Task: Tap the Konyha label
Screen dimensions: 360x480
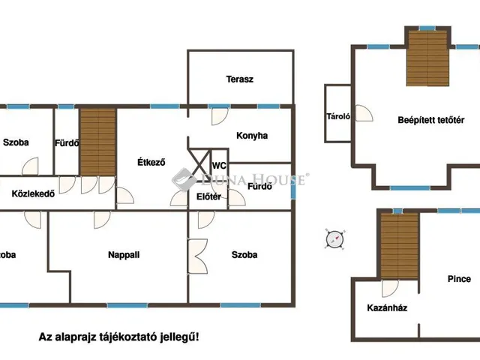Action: (252, 136)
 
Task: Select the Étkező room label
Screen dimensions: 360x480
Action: (151, 162)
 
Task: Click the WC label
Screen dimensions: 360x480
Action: (218, 166)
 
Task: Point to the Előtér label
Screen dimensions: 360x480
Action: (208, 196)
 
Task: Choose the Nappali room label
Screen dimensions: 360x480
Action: (124, 254)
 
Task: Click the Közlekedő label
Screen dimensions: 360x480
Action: (34, 193)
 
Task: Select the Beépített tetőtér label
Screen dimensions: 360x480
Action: (431, 120)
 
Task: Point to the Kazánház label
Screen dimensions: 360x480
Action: (387, 307)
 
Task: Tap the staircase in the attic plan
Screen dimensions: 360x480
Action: (427, 58)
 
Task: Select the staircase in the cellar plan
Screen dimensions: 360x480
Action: (397, 244)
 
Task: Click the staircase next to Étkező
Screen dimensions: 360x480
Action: (98, 142)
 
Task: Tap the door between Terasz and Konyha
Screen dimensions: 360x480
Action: (218, 115)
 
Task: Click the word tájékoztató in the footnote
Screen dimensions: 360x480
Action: (129, 338)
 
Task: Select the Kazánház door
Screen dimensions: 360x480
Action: (388, 287)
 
